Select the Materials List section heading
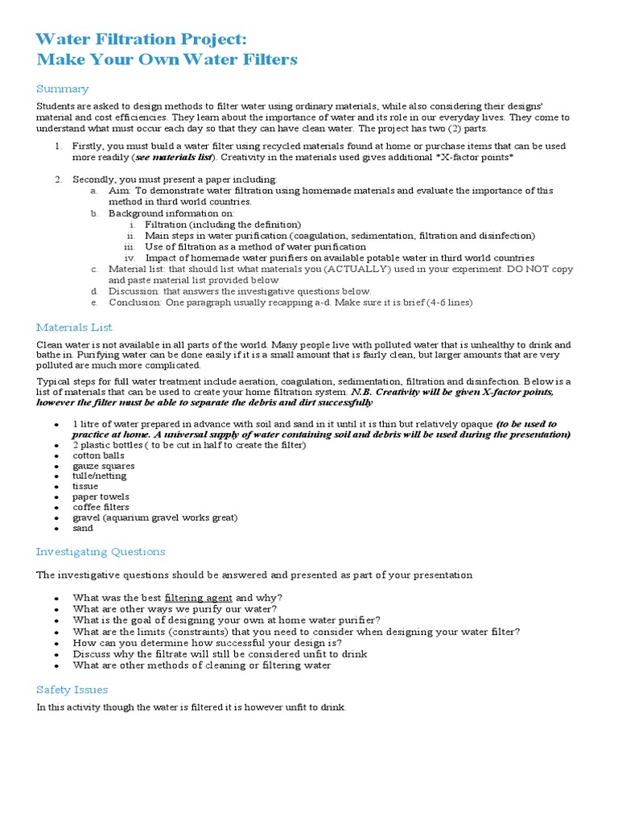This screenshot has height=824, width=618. click(x=74, y=327)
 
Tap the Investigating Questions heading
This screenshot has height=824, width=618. click(x=101, y=552)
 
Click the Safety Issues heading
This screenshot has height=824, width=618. click(x=72, y=690)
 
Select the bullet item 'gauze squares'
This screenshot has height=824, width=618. click(x=104, y=466)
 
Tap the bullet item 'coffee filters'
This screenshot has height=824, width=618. click(x=101, y=507)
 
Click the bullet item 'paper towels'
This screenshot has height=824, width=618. click(x=101, y=496)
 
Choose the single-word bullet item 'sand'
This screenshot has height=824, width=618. click(x=83, y=528)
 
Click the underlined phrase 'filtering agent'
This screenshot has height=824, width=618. click(x=199, y=598)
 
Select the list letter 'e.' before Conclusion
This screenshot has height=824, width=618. click(x=94, y=303)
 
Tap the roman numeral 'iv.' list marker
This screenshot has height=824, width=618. click(x=131, y=257)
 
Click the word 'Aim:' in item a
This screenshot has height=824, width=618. click(x=120, y=191)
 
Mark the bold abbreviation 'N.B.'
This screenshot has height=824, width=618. click(x=366, y=391)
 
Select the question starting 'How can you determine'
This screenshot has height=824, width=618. click(x=207, y=644)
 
